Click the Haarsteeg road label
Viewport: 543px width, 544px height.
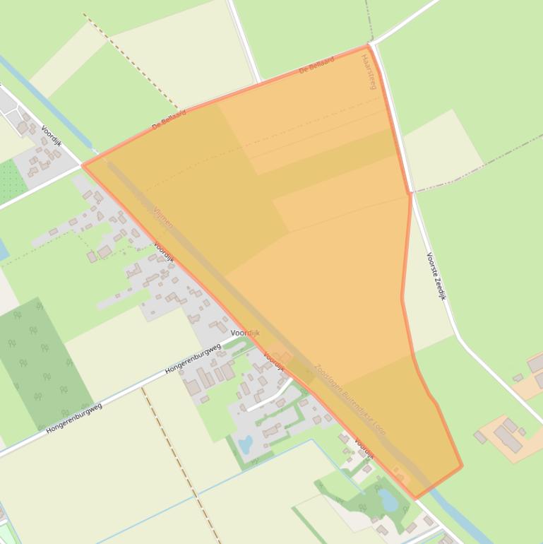(369, 71)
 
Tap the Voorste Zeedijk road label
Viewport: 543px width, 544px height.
(436, 276)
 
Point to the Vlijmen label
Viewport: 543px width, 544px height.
(162, 217)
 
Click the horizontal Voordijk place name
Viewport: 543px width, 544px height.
(245, 333)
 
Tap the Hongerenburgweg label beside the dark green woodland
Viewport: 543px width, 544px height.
(74, 418)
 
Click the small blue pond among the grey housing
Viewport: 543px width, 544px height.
(245, 445)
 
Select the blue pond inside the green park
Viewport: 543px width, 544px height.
(388, 500)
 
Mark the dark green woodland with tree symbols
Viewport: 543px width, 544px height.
(44, 364)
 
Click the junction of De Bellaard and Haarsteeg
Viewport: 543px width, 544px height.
(369, 46)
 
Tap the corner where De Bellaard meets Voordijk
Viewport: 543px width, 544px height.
(83, 165)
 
